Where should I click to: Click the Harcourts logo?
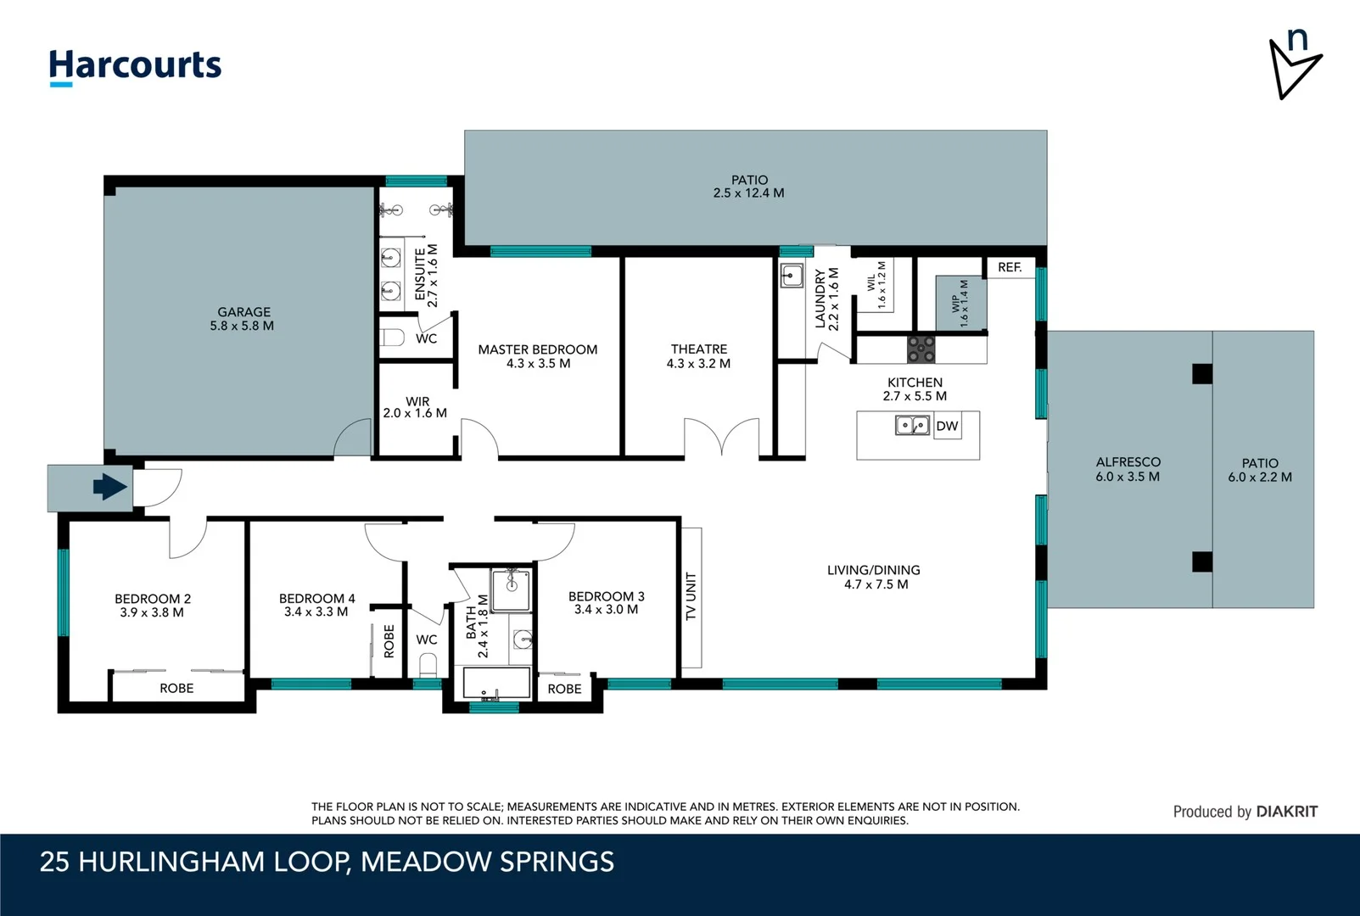(135, 66)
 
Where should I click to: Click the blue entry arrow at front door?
(109, 487)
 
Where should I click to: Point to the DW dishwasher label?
(947, 426)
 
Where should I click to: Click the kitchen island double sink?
(912, 424)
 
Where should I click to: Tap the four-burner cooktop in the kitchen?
(921, 349)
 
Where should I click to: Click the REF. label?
(1010, 267)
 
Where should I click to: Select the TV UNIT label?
(691, 596)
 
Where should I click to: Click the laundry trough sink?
(792, 276)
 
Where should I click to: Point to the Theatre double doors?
(721, 437)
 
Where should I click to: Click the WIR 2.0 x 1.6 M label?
(416, 407)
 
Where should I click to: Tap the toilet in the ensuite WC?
(393, 338)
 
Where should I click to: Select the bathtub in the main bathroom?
(495, 683)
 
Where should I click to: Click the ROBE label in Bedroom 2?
(176, 688)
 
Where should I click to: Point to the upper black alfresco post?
(1201, 374)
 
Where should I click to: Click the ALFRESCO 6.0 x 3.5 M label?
(1128, 469)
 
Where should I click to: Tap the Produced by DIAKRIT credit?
(1245, 812)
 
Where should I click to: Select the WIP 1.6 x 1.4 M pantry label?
(960, 303)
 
